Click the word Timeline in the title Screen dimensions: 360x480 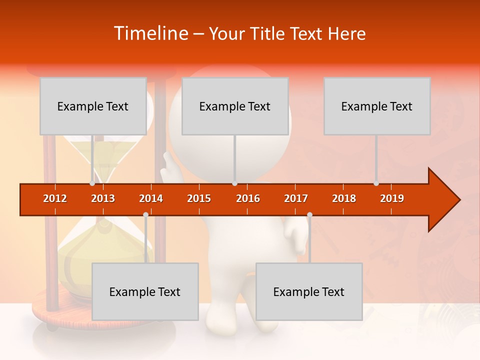[x=150, y=33]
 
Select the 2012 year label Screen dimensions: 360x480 [x=55, y=198]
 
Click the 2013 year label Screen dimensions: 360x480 [x=103, y=198]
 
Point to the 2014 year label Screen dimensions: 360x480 [x=151, y=198]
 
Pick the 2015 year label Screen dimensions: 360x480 [x=199, y=198]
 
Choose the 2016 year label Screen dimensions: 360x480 [x=248, y=198]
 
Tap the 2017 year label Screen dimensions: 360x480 [x=296, y=198]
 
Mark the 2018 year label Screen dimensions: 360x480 [x=344, y=198]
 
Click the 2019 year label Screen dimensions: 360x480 [x=392, y=198]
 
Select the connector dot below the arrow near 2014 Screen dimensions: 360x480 [x=145, y=214]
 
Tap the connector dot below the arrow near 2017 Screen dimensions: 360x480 [x=309, y=214]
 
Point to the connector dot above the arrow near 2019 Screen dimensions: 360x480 [x=376, y=183]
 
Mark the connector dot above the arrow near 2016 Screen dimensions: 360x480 [x=234, y=183]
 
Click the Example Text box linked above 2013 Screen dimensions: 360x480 [x=93, y=106]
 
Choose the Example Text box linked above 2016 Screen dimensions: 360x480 [x=235, y=106]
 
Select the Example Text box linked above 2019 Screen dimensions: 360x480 [x=377, y=106]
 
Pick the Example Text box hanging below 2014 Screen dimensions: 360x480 [x=145, y=291]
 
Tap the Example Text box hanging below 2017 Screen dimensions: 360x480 [x=309, y=291]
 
